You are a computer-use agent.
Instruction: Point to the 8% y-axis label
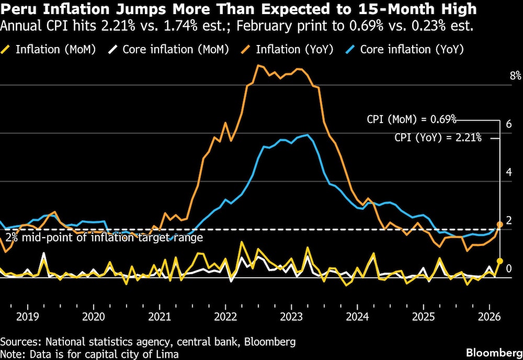pyautogui.click(x=515, y=76)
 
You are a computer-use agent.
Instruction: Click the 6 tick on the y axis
pyautogui.click(x=509, y=124)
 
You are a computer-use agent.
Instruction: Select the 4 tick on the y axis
pyautogui.click(x=509, y=172)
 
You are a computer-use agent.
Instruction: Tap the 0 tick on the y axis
pyautogui.click(x=509, y=268)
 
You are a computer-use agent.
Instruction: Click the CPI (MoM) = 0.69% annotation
pyautogui.click(x=411, y=119)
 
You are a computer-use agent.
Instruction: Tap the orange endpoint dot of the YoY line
pyautogui.click(x=499, y=224)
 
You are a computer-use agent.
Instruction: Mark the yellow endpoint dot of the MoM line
pyautogui.click(x=499, y=261)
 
